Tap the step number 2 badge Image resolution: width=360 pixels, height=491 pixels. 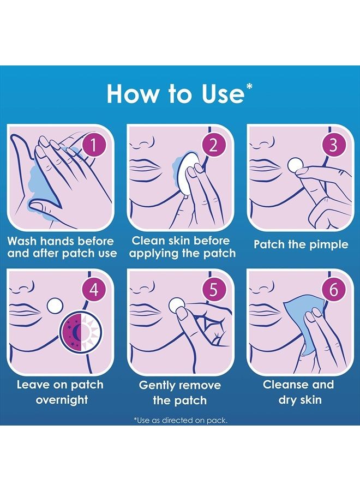pos(213,145)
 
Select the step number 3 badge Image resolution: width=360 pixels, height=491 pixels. pos(334,145)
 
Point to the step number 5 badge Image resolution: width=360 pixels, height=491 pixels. pos(213,290)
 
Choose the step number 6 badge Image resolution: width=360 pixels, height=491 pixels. pos(334,290)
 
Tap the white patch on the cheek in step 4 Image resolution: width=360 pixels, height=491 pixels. pos(54,304)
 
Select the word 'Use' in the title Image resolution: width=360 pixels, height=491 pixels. pos(223,94)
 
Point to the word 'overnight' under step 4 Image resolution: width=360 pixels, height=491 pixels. pos(62,400)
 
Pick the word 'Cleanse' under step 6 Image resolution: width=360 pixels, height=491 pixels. pos(285,385)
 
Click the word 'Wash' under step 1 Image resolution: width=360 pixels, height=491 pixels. pos(22,241)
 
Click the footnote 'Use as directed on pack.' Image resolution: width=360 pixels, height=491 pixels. pos(181,420)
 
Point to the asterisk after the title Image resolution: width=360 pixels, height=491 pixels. pos(249,86)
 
